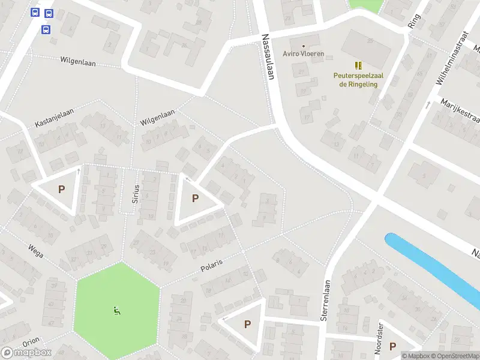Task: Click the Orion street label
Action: pos(31,342)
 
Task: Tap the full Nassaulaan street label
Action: pos(268,56)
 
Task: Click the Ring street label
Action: pos(413,21)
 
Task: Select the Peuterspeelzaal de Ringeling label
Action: pos(358,80)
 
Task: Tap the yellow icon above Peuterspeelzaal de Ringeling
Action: pos(358,65)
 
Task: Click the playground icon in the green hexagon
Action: pos(116,310)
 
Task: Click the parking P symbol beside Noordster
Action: pos(392,346)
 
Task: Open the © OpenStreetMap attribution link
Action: pos(455,356)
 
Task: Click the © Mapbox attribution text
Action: pos(416,356)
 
